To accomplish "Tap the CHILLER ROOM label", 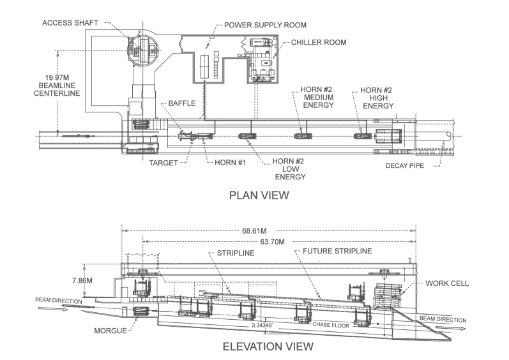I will [x=319, y=43].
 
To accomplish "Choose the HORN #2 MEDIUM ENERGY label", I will [x=317, y=98].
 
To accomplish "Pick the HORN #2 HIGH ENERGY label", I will [x=376, y=98].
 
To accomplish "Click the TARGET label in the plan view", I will [x=163, y=163].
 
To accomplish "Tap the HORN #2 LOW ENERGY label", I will [x=287, y=169].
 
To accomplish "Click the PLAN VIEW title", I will [x=259, y=195].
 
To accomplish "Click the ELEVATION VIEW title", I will [x=268, y=347].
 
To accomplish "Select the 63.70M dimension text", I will [x=273, y=242].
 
